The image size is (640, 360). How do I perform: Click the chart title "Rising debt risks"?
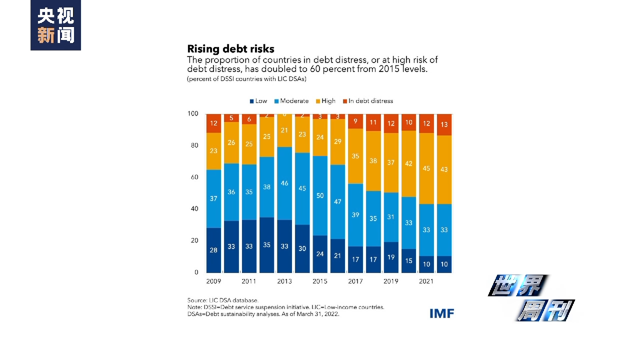coord(230,49)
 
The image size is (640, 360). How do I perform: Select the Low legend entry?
coord(258,101)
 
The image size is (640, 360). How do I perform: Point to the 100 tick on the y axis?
coord(193,113)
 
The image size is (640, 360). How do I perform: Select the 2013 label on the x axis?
coord(284,281)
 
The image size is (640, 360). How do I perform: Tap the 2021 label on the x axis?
coord(426,281)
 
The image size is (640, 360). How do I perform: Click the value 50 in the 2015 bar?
coord(320,195)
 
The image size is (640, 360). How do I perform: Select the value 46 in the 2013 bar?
coord(284,183)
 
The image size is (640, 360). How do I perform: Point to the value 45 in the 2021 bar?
coord(426,168)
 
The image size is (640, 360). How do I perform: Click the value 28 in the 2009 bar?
coord(213,250)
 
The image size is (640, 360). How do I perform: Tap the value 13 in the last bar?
coord(444,124)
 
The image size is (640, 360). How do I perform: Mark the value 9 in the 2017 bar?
coord(355,120)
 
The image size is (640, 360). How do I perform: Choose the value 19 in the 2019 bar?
coord(391,257)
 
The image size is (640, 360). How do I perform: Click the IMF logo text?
coord(441,313)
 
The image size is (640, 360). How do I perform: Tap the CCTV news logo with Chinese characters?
coord(55,25)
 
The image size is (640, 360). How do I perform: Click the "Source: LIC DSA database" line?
coord(222,300)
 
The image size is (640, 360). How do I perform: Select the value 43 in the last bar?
coord(444,169)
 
